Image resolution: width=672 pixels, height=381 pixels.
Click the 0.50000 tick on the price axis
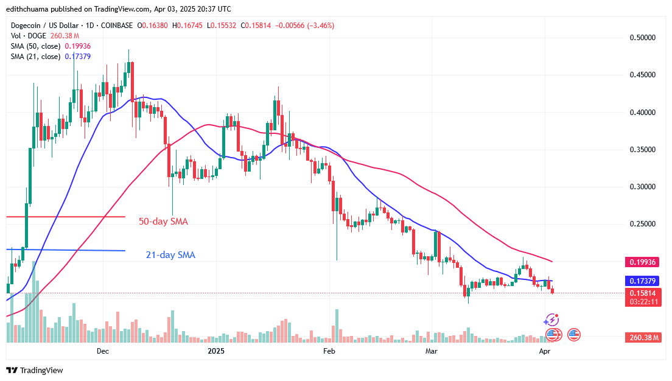[642, 38]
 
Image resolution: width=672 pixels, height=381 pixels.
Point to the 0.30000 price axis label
[642, 187]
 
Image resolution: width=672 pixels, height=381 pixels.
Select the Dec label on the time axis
[102, 351]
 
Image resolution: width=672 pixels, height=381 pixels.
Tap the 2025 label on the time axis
[216, 351]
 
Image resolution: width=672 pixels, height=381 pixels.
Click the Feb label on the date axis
[329, 351]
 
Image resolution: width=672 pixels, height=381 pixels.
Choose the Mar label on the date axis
[432, 351]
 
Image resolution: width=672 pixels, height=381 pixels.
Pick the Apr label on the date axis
[545, 351]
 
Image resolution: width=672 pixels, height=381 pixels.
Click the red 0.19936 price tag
[643, 261]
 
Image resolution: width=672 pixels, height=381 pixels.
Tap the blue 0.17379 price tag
[643, 281]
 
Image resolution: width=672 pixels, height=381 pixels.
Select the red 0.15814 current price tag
[643, 293]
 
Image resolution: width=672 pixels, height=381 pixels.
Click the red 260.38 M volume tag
[643, 337]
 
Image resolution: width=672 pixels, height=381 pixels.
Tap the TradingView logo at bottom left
[35, 370]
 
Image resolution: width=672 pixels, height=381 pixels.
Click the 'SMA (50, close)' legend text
[35, 46]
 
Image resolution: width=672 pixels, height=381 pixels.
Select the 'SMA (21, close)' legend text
[35, 57]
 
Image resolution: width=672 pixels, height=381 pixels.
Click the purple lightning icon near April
[552, 320]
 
